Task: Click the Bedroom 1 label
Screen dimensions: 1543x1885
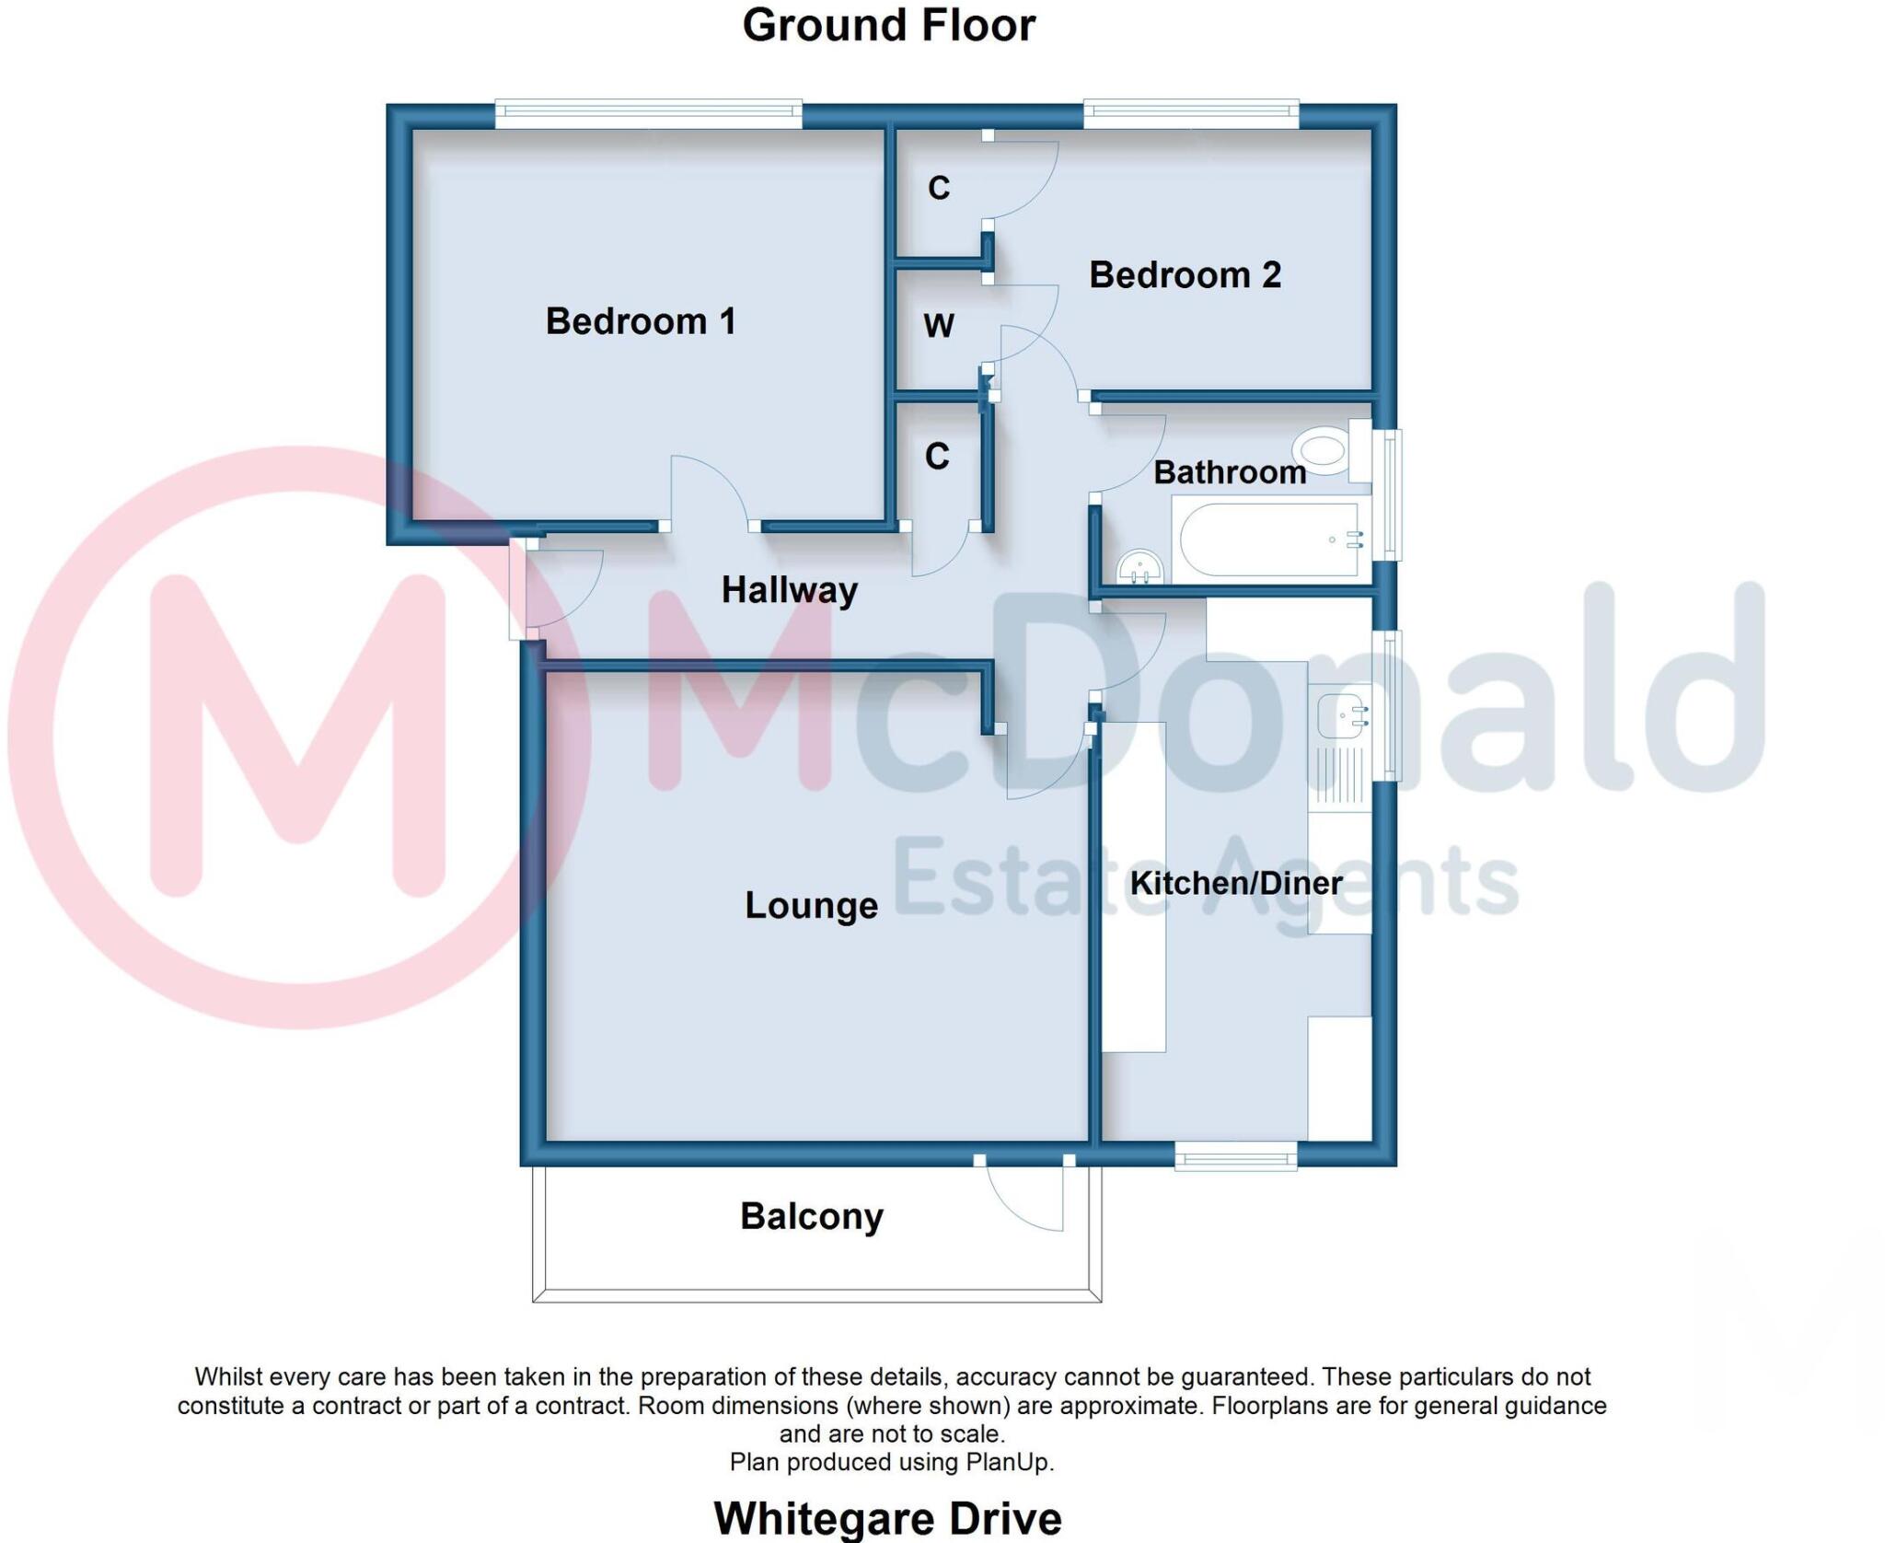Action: pyautogui.click(x=641, y=321)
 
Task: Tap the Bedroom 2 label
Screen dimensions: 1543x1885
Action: pyautogui.click(x=1185, y=275)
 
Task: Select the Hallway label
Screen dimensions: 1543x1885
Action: pyautogui.click(x=789, y=590)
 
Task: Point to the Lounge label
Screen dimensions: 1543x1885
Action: pyautogui.click(x=811, y=906)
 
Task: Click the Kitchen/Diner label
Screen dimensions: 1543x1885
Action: pyautogui.click(x=1235, y=883)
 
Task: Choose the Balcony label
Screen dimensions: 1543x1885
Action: pyautogui.click(x=811, y=1216)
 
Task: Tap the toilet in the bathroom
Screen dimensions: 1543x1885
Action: pyautogui.click(x=1324, y=451)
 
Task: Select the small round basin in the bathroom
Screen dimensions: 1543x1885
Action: pyautogui.click(x=1139, y=567)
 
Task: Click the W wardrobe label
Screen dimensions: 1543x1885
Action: pyautogui.click(x=939, y=326)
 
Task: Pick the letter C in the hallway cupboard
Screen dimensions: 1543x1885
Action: pyautogui.click(x=937, y=457)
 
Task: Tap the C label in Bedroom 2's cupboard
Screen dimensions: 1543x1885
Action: pyautogui.click(x=939, y=188)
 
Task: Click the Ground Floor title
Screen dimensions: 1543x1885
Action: pyautogui.click(x=888, y=26)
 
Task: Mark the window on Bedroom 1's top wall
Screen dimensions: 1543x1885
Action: pyautogui.click(x=648, y=115)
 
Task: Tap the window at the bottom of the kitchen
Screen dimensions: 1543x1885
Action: pyautogui.click(x=1235, y=1156)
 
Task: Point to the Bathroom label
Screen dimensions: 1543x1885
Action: pyautogui.click(x=1229, y=472)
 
